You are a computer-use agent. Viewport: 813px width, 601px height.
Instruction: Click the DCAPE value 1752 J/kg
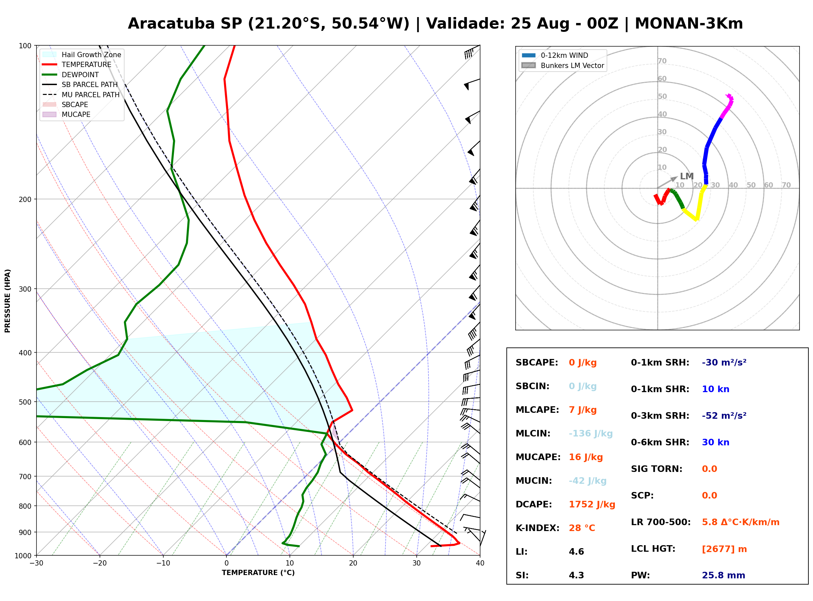click(x=592, y=504)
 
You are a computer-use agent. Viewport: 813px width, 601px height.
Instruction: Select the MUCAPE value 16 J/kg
click(x=586, y=457)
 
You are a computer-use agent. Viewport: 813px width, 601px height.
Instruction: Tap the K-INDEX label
click(x=537, y=528)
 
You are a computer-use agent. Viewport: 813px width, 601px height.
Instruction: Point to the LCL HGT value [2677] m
click(x=724, y=549)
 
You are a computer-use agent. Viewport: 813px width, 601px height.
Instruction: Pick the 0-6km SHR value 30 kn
click(x=715, y=442)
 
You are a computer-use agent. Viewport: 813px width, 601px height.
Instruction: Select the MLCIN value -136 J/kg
click(x=590, y=433)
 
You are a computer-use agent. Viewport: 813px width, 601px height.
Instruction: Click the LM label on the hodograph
click(x=686, y=176)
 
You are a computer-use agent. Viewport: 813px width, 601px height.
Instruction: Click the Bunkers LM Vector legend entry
click(x=562, y=65)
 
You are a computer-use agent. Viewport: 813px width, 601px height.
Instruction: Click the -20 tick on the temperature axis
click(x=100, y=563)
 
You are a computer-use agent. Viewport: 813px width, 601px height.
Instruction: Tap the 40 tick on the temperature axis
click(x=480, y=563)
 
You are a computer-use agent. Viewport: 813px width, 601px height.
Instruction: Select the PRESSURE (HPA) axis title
click(x=7, y=300)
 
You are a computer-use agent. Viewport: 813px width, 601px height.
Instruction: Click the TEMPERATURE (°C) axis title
click(x=258, y=573)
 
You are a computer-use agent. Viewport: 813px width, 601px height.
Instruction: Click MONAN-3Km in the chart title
click(x=688, y=24)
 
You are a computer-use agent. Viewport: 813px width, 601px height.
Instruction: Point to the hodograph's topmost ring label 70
click(x=662, y=61)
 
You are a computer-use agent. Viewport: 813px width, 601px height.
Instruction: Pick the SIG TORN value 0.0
click(x=709, y=469)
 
